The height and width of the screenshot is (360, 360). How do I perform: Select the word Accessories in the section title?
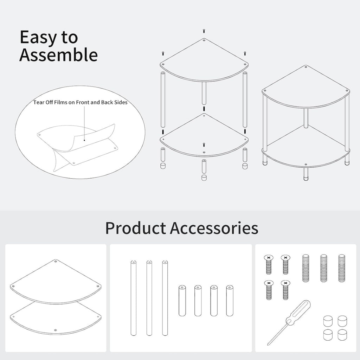pos(214,228)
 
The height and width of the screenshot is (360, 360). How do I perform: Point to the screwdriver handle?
pos(298,313)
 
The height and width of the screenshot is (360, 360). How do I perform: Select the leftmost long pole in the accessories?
pos(133,298)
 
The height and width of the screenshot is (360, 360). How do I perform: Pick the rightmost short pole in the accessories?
pos(230,301)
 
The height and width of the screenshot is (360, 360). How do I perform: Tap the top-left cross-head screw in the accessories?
pos(269,264)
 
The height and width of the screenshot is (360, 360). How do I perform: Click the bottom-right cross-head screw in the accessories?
pos(285,290)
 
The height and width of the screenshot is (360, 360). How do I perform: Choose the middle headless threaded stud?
pos(324,268)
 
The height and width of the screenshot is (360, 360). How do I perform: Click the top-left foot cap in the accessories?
pos(328,321)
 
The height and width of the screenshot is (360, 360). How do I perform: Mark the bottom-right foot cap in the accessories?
pos(342,335)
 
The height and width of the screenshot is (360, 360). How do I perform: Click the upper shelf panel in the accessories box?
pos(56,281)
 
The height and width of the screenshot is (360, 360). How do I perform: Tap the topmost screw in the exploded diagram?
pos(204,31)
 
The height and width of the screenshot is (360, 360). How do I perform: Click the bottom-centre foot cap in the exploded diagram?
pos(204,178)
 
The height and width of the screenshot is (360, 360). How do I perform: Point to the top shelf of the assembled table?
pos(306,87)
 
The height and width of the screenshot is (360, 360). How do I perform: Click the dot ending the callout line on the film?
pos(84,140)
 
